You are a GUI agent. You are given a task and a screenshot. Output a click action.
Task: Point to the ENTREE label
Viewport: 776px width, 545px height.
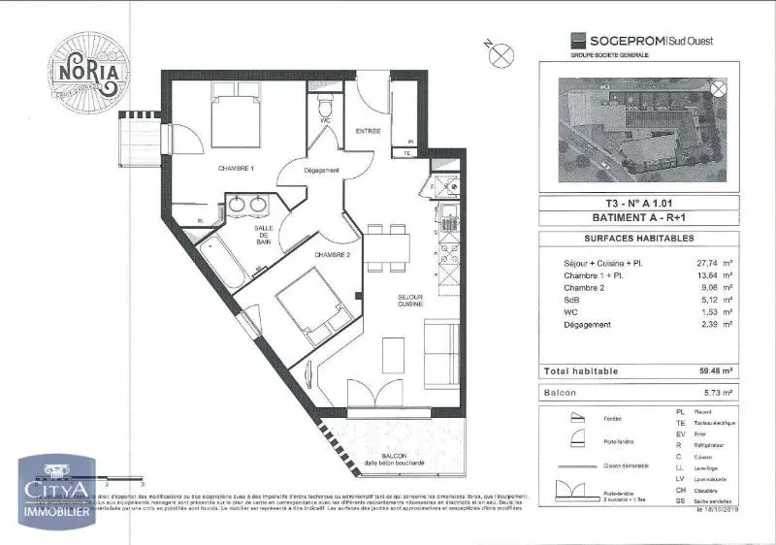[368, 131]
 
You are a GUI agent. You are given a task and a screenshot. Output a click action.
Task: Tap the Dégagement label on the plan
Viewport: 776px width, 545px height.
[322, 172]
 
